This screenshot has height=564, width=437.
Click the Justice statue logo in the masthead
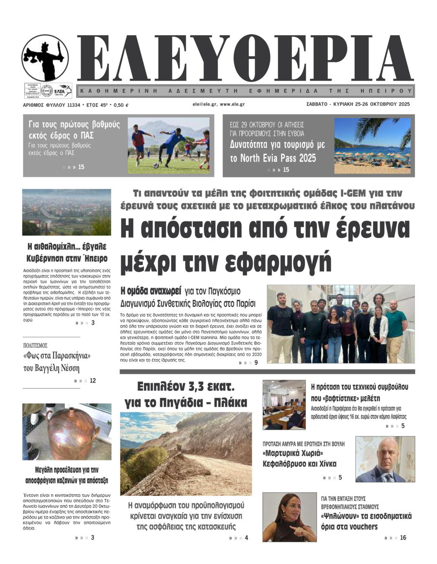[45, 58]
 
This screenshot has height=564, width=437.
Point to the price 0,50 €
[121, 105]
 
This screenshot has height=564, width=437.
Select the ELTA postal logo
[62, 90]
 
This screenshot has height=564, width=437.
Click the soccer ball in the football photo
[156, 165]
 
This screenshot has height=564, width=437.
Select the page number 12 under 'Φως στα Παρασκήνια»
[92, 381]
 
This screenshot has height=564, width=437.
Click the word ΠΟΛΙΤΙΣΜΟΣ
[35, 346]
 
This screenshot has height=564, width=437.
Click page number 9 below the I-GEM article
[256, 363]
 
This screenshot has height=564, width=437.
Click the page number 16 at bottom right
[403, 538]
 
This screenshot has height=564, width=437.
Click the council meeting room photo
[284, 404]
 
